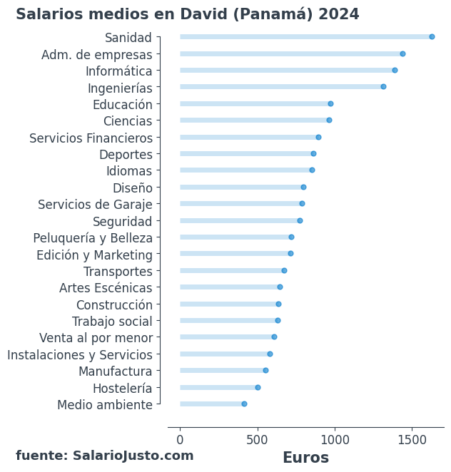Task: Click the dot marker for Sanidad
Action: pos(432,37)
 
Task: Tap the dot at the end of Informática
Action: pos(395,70)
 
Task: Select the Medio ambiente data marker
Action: pos(244,404)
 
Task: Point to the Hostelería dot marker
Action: pos(258,388)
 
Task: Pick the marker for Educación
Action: pos(330,104)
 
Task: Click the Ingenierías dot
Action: pos(383,87)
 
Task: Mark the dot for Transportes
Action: pos(284,271)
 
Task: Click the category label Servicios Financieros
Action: pos(91,138)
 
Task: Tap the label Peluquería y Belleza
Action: pos(93,238)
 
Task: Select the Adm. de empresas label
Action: pos(97,55)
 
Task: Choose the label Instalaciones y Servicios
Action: pos(80,355)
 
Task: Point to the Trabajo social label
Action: pos(112,322)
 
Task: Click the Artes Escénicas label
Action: pos(106,288)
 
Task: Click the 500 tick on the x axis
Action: pos(257,440)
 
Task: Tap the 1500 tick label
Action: pos(412,440)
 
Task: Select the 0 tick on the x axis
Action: pos(180,440)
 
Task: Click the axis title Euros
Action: pos(305,458)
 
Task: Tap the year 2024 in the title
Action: pos(339,15)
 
